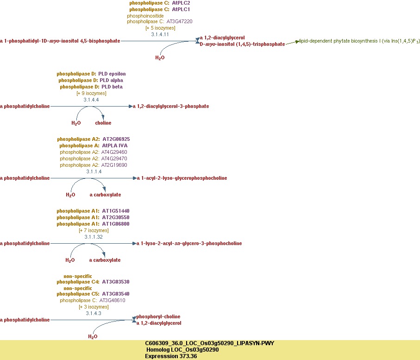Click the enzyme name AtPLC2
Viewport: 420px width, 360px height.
click(x=181, y=3)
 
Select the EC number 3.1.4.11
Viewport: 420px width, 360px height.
click(x=160, y=34)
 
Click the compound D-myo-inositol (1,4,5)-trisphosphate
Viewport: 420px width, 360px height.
click(x=242, y=44)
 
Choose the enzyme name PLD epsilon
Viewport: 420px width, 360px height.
click(x=112, y=74)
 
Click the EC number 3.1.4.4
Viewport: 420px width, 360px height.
click(x=91, y=100)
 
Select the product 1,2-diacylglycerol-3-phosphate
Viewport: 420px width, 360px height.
click(x=171, y=106)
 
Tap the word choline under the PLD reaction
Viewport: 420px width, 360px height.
click(x=103, y=123)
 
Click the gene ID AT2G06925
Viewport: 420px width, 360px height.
click(x=116, y=139)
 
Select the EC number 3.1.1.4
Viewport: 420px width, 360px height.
click(x=94, y=171)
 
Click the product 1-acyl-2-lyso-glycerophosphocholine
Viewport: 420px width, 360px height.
click(x=182, y=178)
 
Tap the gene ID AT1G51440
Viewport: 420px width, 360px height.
click(x=116, y=211)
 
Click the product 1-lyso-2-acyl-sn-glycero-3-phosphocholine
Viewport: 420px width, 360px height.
click(x=189, y=243)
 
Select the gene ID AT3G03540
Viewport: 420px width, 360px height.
click(x=116, y=294)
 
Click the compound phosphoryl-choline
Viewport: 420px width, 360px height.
click(x=158, y=316)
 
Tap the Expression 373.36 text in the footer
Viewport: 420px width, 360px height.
click(x=171, y=356)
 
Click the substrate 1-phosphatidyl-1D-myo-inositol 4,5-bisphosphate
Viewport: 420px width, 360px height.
click(x=60, y=41)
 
